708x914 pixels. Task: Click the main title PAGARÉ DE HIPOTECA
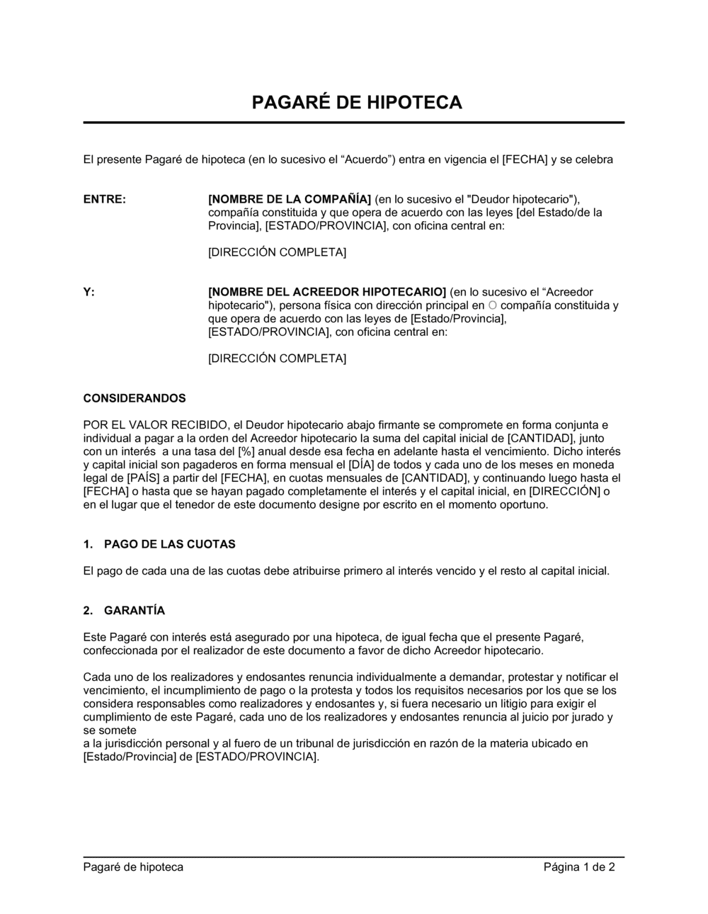[357, 103]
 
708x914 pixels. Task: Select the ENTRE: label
[105, 199]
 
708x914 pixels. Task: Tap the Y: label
[89, 292]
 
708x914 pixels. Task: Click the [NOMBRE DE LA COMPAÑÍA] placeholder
[290, 199]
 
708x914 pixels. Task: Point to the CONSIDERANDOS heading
[135, 398]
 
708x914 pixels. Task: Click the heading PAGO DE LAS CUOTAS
[170, 544]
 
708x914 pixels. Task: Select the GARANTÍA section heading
[135, 610]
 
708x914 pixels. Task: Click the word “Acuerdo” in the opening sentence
[368, 159]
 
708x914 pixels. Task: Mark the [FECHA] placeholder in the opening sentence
[525, 159]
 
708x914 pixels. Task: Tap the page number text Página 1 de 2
[579, 867]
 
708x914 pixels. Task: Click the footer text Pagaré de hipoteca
[133, 867]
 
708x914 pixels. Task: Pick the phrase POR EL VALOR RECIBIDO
[156, 425]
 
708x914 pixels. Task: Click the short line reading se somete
[110, 730]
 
